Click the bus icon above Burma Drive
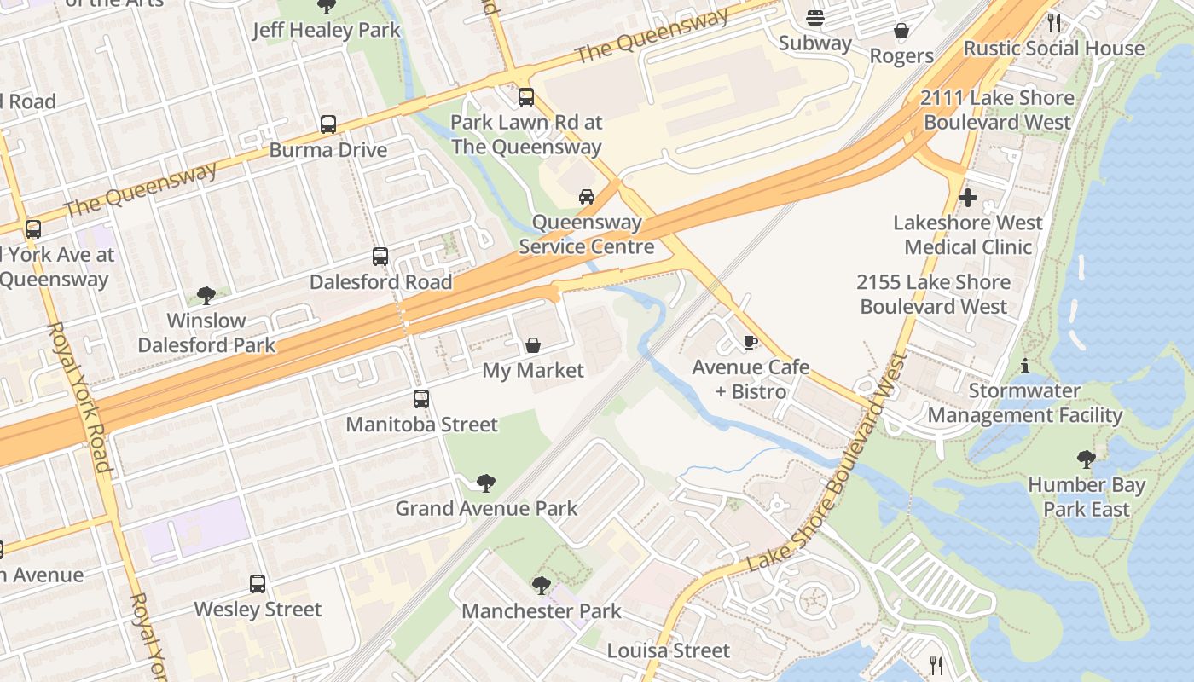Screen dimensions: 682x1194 [328, 124]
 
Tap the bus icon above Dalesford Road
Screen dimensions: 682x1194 [380, 257]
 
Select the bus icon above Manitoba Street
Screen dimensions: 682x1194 [420, 399]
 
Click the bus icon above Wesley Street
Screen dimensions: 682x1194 [258, 584]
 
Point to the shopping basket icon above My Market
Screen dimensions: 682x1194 [533, 345]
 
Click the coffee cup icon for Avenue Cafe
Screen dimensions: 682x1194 [750, 343]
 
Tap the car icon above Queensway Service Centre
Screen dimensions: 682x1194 [587, 197]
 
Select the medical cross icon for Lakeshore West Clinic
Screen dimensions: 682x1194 [968, 198]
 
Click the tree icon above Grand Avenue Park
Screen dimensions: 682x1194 [485, 483]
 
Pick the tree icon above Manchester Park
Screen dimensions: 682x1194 [541, 586]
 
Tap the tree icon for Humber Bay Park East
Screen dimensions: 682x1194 [1086, 459]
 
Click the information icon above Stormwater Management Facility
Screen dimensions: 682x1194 [1024, 367]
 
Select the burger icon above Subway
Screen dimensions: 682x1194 [814, 18]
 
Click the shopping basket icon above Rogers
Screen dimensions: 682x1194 [901, 32]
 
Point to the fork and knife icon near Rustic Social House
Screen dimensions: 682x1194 [1054, 22]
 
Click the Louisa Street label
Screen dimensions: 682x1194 [668, 650]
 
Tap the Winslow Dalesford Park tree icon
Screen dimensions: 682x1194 [206, 296]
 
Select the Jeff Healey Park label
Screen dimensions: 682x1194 [326, 31]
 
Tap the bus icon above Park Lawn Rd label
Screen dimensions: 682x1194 [526, 97]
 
